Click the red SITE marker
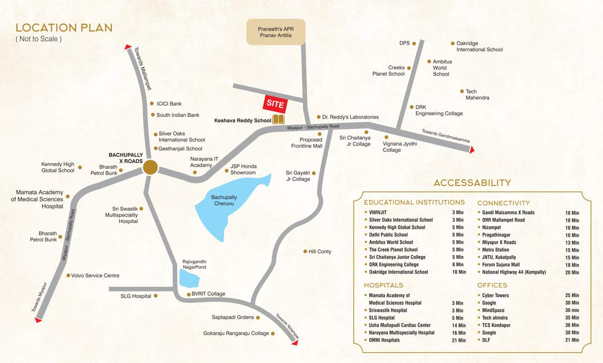275,104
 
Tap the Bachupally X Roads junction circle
150,167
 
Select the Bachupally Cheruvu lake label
224,200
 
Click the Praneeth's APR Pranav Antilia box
276,32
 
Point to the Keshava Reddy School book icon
278,120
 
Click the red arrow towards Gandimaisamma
471,150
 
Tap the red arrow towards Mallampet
128,47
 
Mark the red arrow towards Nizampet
295,343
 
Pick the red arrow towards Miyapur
38,320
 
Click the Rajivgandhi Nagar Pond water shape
190,279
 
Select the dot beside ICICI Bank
152,104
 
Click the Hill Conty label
320,251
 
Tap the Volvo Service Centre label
95,275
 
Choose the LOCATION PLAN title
64,28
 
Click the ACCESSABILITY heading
472,183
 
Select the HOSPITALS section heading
383,285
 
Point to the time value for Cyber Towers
572,295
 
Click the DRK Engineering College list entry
394,264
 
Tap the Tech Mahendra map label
477,95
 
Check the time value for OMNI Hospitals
459,340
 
